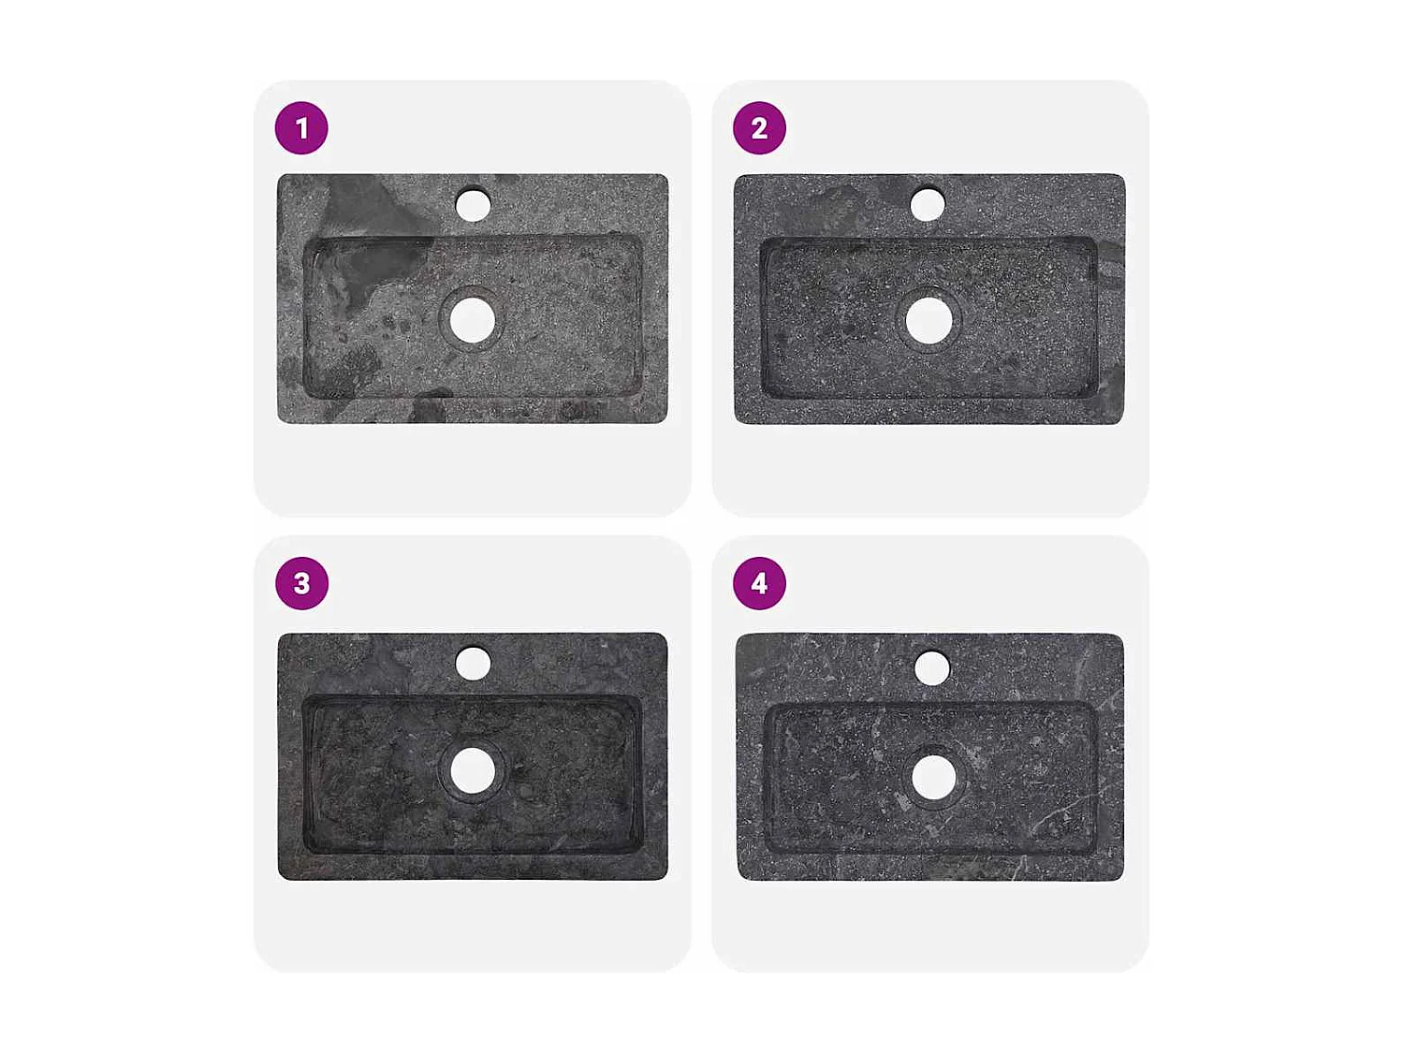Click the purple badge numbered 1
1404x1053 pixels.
301,128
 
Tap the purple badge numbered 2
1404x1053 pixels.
759,128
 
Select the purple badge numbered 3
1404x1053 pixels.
301,583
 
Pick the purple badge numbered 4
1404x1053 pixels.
759,583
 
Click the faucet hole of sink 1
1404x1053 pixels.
473,205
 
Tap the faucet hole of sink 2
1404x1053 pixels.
928,205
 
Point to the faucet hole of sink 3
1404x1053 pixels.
473,664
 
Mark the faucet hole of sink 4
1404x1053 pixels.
932,667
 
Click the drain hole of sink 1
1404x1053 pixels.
472,321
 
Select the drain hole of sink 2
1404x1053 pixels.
929,320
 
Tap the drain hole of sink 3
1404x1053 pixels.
473,770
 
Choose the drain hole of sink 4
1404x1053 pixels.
933,777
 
